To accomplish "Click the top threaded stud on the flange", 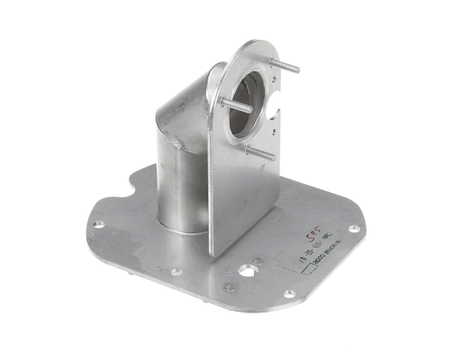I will (x=287, y=67).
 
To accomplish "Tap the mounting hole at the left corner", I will (x=98, y=223).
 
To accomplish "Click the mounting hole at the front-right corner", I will (x=289, y=293).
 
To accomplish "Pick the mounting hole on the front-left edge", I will (x=175, y=272).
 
